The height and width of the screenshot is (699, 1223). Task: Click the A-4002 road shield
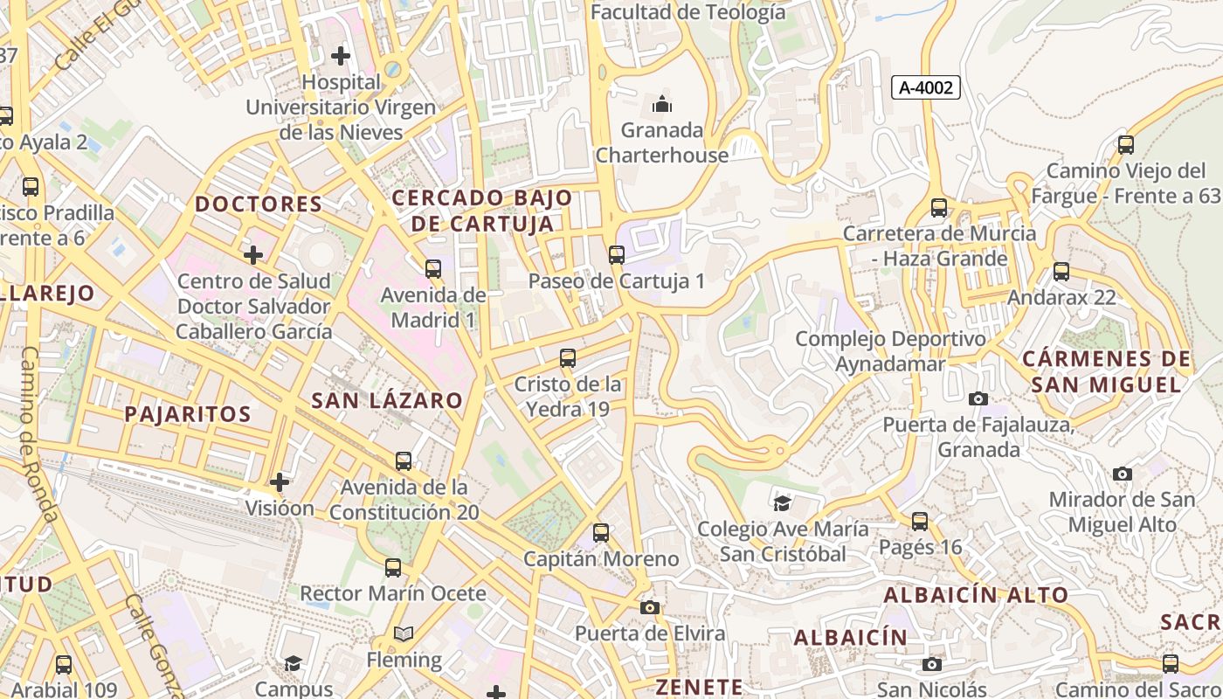pyautogui.click(x=926, y=87)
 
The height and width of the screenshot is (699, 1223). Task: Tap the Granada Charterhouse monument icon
pyautogui.click(x=662, y=105)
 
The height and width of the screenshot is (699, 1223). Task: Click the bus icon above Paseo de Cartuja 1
pyautogui.click(x=617, y=255)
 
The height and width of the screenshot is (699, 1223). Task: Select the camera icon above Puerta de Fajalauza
pyautogui.click(x=978, y=398)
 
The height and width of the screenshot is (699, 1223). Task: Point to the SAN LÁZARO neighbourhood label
pyautogui.click(x=387, y=401)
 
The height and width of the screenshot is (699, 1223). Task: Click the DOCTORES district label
pyautogui.click(x=259, y=204)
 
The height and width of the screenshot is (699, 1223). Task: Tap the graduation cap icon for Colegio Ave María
pyautogui.click(x=782, y=503)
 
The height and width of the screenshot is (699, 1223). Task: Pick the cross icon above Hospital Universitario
pyautogui.click(x=341, y=57)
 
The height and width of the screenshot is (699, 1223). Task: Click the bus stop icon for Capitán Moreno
pyautogui.click(x=601, y=532)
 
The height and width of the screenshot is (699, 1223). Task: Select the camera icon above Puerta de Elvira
pyautogui.click(x=649, y=607)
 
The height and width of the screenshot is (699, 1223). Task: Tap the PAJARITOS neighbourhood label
pyautogui.click(x=188, y=414)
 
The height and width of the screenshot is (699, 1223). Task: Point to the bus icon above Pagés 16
pyautogui.click(x=920, y=522)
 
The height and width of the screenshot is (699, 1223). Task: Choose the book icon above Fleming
pyautogui.click(x=404, y=633)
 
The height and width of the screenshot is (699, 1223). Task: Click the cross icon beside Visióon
pyautogui.click(x=280, y=481)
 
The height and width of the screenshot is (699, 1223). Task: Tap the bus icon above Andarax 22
pyautogui.click(x=1061, y=272)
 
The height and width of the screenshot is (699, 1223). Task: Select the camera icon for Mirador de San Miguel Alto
pyautogui.click(x=1123, y=474)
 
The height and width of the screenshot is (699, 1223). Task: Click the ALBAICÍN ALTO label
pyautogui.click(x=976, y=595)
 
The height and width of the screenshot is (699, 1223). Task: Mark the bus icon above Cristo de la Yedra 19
pyautogui.click(x=568, y=357)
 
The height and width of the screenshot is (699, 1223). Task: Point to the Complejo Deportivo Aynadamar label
pyautogui.click(x=890, y=351)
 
